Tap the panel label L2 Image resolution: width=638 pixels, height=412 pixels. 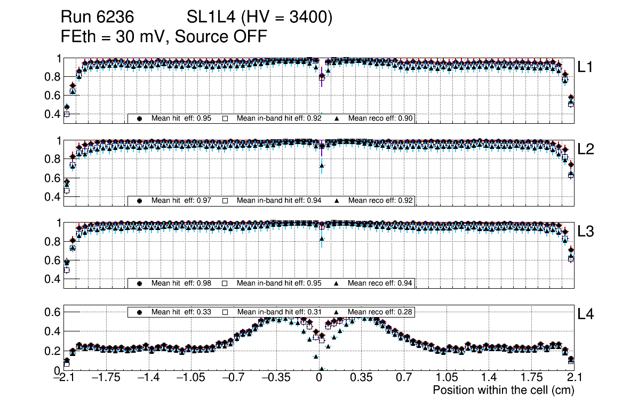point(586,149)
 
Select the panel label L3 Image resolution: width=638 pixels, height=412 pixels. point(586,232)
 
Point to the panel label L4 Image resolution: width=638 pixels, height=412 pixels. point(586,315)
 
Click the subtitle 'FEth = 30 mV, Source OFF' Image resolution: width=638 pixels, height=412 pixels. point(164,36)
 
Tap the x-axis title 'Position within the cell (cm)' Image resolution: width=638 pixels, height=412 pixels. point(503,390)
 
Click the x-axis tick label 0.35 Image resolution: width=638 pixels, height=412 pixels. point(361,378)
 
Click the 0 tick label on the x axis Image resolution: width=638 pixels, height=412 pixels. point(319,378)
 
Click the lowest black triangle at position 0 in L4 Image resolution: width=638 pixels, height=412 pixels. point(321,369)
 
